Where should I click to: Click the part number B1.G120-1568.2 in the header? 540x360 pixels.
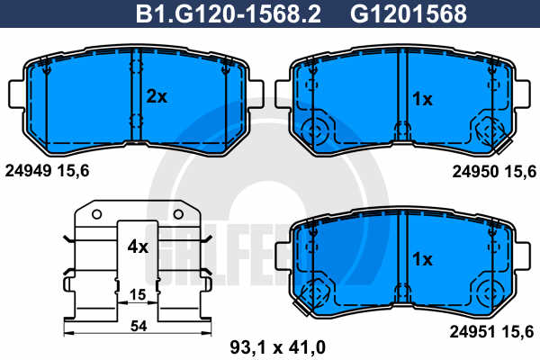[x=229, y=13]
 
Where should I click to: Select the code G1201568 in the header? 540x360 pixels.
[x=409, y=13]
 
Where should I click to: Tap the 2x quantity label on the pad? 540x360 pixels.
[x=157, y=96]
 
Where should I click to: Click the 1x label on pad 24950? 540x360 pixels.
[x=422, y=99]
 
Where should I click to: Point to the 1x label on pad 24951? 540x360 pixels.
[x=422, y=258]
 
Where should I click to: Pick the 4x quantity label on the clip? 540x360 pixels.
[x=138, y=247]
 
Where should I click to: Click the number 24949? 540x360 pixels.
[x=28, y=170]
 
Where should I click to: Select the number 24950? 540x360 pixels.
[x=475, y=171]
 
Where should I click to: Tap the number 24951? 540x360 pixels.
[x=472, y=332]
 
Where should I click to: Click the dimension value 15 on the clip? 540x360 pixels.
[x=138, y=294]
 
